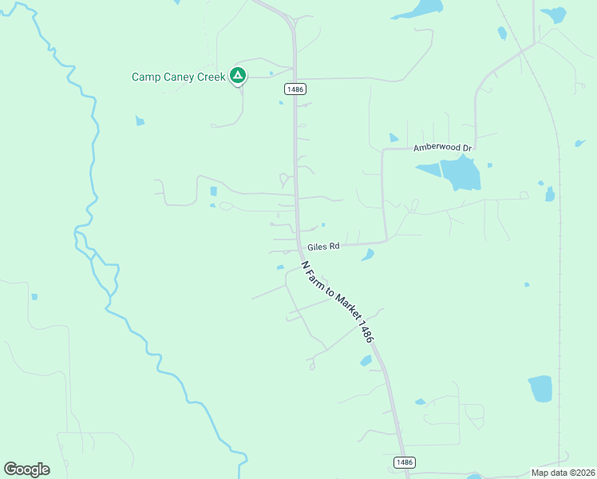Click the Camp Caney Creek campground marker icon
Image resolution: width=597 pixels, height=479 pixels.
pyautogui.click(x=237, y=76)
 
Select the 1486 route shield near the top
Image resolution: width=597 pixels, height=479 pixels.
pyautogui.click(x=294, y=90)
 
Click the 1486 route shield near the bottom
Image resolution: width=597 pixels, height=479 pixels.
pyautogui.click(x=404, y=462)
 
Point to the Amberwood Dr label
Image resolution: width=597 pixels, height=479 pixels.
pyautogui.click(x=443, y=148)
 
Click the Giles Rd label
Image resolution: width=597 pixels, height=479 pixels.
pyautogui.click(x=324, y=246)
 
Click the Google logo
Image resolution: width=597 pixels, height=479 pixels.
pyautogui.click(x=26, y=469)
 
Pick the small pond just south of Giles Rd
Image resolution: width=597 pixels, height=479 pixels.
pyautogui.click(x=367, y=255)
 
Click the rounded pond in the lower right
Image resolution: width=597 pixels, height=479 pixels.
pyautogui.click(x=540, y=389)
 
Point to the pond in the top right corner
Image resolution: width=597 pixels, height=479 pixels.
pyautogui.click(x=553, y=14)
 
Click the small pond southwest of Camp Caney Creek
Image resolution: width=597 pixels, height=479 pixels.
pyautogui.click(x=140, y=121)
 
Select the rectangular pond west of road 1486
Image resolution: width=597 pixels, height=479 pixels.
pyautogui.click(x=213, y=192)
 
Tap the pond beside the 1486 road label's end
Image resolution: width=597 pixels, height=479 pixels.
pyautogui.click(x=366, y=361)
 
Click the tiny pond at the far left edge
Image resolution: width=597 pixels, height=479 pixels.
pyautogui.click(x=34, y=297)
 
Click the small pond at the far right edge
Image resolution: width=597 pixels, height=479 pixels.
pyautogui.click(x=579, y=144)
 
